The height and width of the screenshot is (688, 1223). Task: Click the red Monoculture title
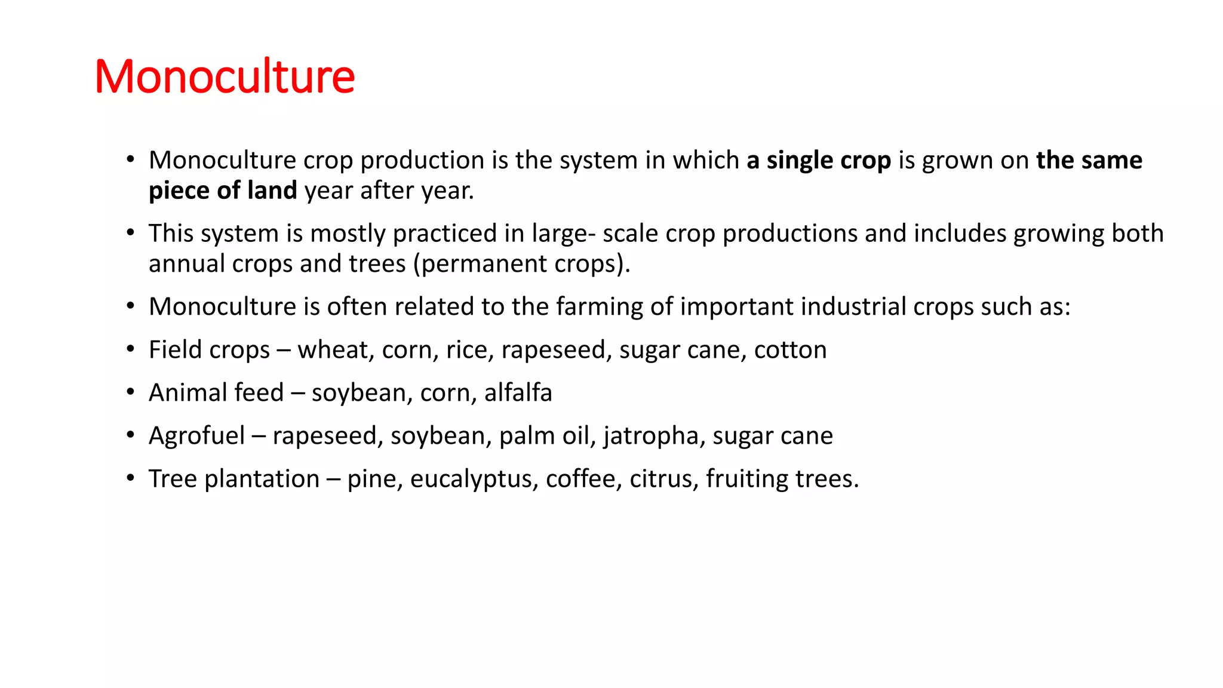[225, 76]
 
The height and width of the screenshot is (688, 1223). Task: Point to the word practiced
[445, 234]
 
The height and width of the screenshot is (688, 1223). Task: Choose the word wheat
[335, 350]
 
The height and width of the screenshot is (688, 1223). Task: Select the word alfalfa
[518, 393]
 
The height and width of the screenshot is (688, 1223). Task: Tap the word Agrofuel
[196, 436]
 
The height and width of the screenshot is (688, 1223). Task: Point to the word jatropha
[651, 436]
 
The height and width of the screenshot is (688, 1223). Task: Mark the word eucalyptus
[474, 479]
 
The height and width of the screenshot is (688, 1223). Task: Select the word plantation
[262, 479]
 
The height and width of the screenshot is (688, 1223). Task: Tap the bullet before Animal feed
[130, 392]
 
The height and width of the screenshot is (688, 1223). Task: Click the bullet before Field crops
[130, 349]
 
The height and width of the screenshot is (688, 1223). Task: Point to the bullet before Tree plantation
[130, 478]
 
